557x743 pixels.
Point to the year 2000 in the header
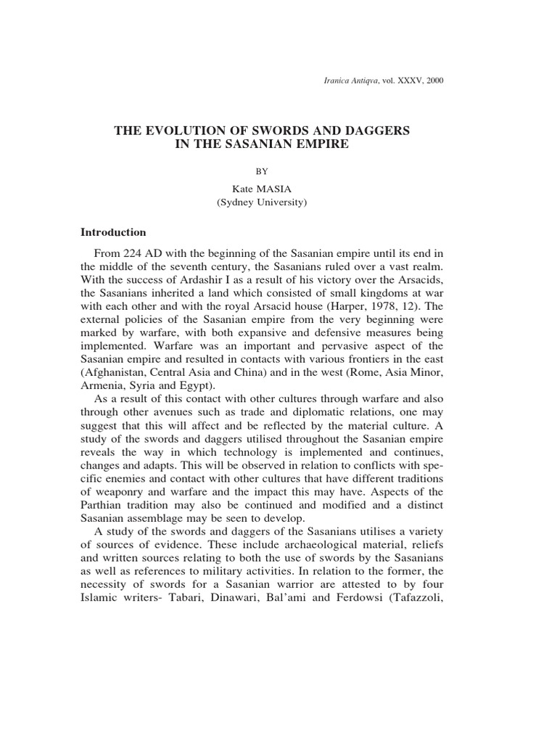tap(434, 80)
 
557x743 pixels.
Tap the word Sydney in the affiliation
tap(239, 203)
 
